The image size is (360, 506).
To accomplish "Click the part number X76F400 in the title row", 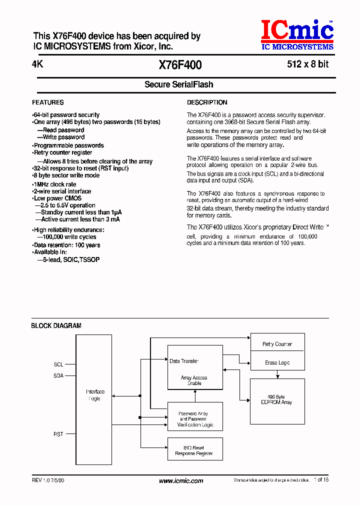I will (180, 65).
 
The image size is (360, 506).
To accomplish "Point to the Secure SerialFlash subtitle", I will (179, 84).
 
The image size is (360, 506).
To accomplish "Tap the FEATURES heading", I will (48, 102).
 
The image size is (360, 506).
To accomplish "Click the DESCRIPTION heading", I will (207, 102).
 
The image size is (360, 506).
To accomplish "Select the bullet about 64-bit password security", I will (66, 115).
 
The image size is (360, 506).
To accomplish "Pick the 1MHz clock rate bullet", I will (54, 184).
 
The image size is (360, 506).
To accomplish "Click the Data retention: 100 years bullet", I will (66, 245).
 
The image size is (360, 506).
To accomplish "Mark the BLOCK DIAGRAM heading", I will (56, 325).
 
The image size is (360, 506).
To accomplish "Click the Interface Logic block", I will (94, 395).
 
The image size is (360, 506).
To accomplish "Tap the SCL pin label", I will (58, 364).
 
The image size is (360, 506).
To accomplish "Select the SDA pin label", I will (58, 375).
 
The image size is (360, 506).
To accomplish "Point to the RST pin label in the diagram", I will (58, 434).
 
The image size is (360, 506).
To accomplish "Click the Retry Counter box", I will (277, 344).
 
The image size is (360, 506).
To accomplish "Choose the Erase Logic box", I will (277, 362).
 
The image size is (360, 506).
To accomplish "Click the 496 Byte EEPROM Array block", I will (277, 399).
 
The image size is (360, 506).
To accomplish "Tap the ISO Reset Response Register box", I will (194, 450).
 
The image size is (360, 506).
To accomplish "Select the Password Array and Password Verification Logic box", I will (194, 419).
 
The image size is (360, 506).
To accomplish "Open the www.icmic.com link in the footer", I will (181, 481).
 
